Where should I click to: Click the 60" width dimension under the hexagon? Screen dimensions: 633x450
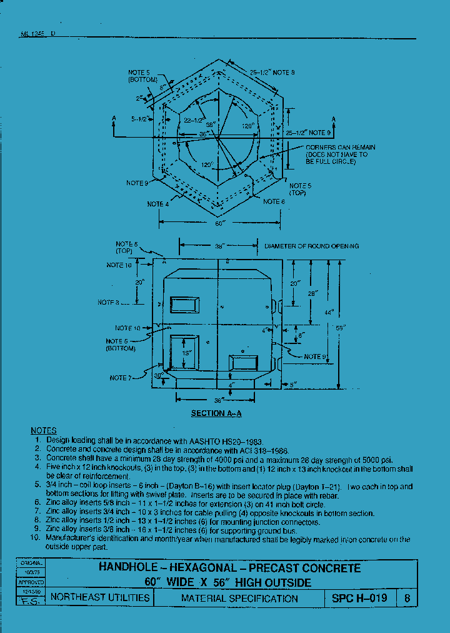(x=219, y=223)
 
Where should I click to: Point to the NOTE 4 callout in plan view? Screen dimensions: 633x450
(x=157, y=205)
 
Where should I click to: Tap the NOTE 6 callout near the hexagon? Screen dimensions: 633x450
(x=274, y=201)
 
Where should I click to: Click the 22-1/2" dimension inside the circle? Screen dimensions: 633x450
(x=194, y=121)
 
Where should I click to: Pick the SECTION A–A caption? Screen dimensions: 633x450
(x=217, y=413)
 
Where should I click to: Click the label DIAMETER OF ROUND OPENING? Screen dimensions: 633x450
(x=311, y=246)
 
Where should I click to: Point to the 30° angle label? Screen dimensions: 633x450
(x=160, y=375)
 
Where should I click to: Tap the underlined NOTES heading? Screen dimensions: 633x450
(x=44, y=431)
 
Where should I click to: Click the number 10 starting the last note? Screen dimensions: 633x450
(x=36, y=539)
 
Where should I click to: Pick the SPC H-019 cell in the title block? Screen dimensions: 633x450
(x=359, y=598)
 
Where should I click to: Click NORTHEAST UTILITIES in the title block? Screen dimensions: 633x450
(x=100, y=598)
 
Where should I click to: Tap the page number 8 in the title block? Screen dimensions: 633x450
(x=407, y=598)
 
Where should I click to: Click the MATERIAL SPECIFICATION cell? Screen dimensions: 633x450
(x=239, y=598)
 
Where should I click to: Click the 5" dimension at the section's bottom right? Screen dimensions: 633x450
(x=293, y=384)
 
